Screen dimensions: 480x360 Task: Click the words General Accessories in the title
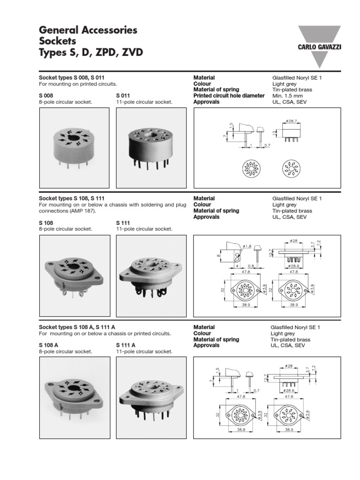tap(88, 30)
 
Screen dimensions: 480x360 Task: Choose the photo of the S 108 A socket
tap(74, 395)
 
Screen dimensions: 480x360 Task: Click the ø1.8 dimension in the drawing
tap(247, 246)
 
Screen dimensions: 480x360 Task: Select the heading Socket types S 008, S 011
tap(75, 78)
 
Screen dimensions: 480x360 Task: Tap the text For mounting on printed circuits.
tap(77, 84)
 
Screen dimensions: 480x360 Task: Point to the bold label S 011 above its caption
tap(123, 96)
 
